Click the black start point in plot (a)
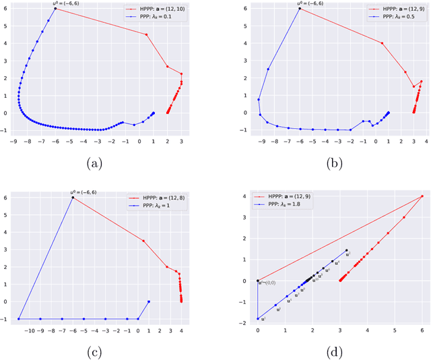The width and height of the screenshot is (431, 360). point(55,9)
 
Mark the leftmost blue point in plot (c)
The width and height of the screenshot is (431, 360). point(18,319)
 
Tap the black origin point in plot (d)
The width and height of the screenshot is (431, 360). point(258,281)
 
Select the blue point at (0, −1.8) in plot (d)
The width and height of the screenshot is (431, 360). point(258,319)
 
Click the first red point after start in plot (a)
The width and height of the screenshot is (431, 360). point(147,34)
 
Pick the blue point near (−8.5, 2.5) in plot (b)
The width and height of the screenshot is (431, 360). point(268,69)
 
